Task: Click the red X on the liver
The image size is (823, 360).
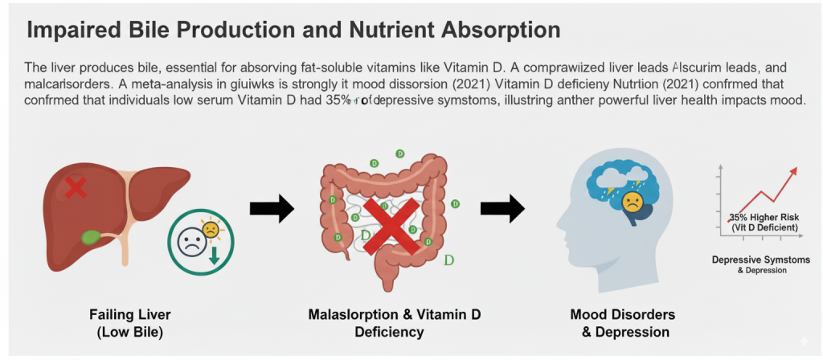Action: point(76,188)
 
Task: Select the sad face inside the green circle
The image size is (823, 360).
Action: point(191,243)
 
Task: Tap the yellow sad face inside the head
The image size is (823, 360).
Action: point(633,201)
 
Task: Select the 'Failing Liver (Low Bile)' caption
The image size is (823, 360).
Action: point(131,321)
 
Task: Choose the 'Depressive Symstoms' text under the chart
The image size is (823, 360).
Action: point(760,260)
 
